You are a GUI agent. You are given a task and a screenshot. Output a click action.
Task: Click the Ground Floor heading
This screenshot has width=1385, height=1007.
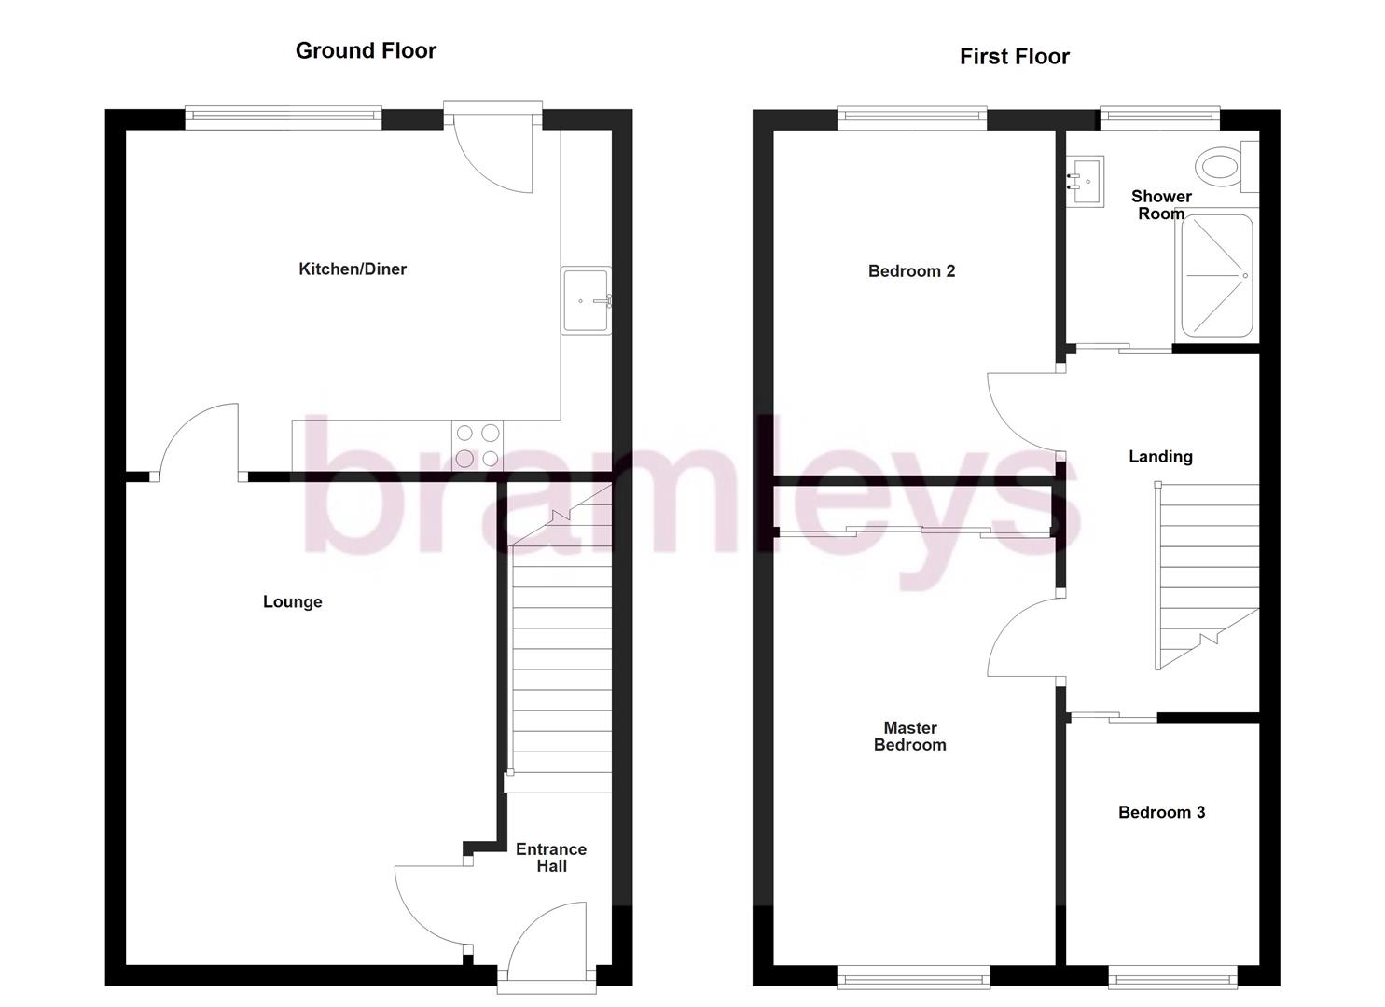tap(366, 51)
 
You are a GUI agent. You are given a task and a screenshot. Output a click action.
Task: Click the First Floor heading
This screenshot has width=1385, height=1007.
tap(1014, 57)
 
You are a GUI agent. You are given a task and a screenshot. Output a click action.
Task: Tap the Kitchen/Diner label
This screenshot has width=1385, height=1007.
tap(353, 269)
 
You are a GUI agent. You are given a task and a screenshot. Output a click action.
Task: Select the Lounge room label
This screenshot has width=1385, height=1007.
tap(292, 602)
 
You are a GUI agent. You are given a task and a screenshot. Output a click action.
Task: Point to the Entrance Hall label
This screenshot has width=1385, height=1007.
tap(551, 858)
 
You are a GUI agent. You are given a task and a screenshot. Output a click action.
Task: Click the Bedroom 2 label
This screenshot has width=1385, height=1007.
tap(911, 271)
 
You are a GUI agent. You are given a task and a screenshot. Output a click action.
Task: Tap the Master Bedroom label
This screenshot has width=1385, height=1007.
tap(909, 737)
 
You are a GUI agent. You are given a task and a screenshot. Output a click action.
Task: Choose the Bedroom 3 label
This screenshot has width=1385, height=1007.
tap(1161, 813)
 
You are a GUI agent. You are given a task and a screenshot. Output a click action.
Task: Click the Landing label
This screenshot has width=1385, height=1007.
tap(1160, 457)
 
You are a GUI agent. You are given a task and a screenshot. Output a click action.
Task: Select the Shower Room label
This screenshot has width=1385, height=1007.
tap(1161, 205)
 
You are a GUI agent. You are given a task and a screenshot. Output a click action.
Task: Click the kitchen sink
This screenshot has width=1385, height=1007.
tap(586, 300)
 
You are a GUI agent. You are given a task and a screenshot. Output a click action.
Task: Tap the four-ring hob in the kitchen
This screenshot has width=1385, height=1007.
tap(477, 445)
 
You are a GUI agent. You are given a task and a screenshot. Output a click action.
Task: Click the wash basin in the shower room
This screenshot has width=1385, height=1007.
tap(1086, 181)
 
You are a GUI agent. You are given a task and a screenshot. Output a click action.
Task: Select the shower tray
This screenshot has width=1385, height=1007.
tap(1217, 276)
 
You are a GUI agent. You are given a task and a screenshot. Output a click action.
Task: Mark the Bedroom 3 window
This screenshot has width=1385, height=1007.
tap(1172, 977)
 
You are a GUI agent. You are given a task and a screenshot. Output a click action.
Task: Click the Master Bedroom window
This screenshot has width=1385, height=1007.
tap(912, 977)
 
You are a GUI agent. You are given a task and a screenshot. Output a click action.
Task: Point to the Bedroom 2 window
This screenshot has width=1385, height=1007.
tap(911, 117)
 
